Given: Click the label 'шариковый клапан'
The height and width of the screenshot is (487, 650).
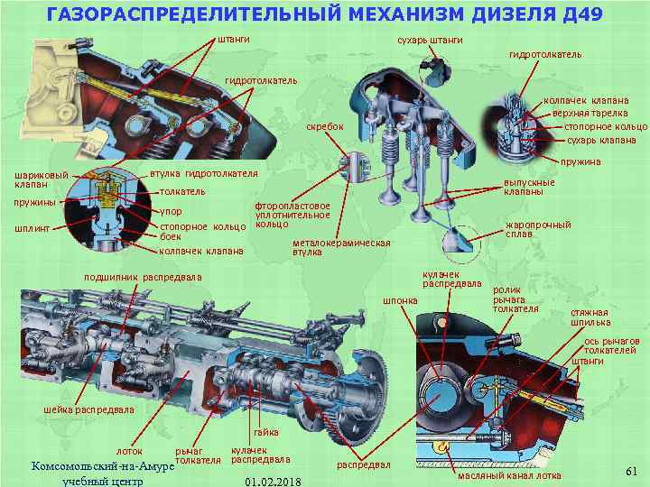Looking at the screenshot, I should pyautogui.click(x=35, y=179).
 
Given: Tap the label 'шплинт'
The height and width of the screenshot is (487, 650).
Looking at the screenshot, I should pyautogui.click(x=31, y=227).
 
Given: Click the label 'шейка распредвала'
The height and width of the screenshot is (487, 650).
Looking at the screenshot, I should pyautogui.click(x=88, y=410).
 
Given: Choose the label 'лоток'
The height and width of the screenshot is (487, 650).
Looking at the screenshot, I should pyautogui.click(x=129, y=451).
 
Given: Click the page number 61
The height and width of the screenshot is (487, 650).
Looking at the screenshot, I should pyautogui.click(x=631, y=471).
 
